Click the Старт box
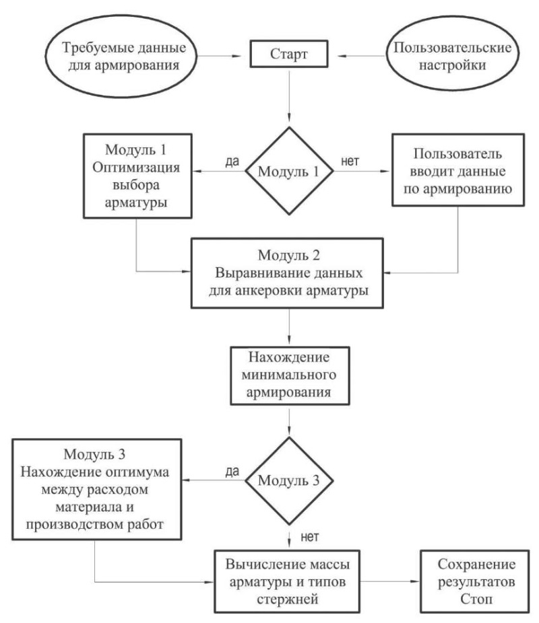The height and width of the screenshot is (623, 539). pos(289,54)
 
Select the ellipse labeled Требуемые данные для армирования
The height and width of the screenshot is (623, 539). pos(121,56)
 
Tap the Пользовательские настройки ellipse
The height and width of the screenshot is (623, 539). pos(453,54)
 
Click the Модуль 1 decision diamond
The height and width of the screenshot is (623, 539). pos(289,171)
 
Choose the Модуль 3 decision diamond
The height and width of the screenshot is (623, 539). pos(289,480)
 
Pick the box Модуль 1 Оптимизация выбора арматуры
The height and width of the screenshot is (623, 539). pos(137,176)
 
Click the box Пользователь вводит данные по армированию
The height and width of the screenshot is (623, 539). pos(458,170)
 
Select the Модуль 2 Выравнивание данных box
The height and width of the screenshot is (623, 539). pos(287,273)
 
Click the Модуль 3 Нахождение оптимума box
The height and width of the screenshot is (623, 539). pos(96,489)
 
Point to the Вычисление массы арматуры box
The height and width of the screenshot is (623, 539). pos(287,581)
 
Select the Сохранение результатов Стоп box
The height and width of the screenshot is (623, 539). pos(475,581)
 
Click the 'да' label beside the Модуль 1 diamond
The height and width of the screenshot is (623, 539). pos(232,161)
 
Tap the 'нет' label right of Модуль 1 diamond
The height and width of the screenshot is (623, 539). pos(350,161)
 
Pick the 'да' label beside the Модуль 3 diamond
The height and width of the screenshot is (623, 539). pos(232,471)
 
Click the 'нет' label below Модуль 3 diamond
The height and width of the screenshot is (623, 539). pos(309,537)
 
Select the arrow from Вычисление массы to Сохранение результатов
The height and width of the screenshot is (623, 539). pos(390,581)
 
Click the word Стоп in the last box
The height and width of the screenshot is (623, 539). pos(476,599)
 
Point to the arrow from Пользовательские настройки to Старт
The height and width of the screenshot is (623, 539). pos(361,56)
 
